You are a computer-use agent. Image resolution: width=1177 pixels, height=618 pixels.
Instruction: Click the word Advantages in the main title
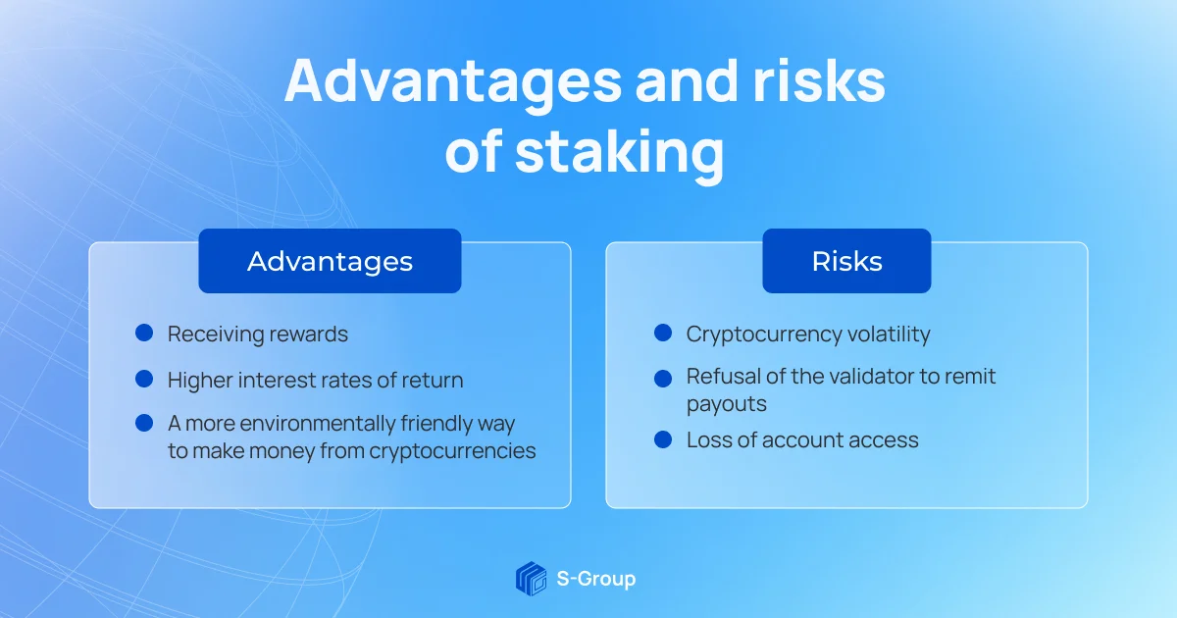point(451,83)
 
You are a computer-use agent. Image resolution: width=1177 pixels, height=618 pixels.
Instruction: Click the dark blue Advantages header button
point(330,261)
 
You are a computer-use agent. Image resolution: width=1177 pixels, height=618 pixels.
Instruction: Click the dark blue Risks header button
point(846,261)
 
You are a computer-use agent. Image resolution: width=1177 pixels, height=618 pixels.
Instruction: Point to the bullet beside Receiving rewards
point(144,334)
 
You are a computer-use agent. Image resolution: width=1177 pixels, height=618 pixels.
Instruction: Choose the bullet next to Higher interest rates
point(144,379)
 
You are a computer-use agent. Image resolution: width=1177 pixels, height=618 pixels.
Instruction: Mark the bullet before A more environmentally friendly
point(144,423)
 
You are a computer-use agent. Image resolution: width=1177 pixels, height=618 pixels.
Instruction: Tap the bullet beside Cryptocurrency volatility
point(663,334)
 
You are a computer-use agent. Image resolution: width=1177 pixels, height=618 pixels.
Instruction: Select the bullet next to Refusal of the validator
point(663,378)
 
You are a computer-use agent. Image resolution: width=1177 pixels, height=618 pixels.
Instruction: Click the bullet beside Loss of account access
point(663,439)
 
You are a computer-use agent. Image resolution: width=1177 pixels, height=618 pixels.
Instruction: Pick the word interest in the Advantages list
point(276,380)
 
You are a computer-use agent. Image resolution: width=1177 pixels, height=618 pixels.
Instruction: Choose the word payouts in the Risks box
point(726,404)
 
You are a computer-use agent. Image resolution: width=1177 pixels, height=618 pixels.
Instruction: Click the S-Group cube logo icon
point(531,578)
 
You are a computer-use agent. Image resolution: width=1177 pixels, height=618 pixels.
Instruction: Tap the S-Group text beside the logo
point(594,579)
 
